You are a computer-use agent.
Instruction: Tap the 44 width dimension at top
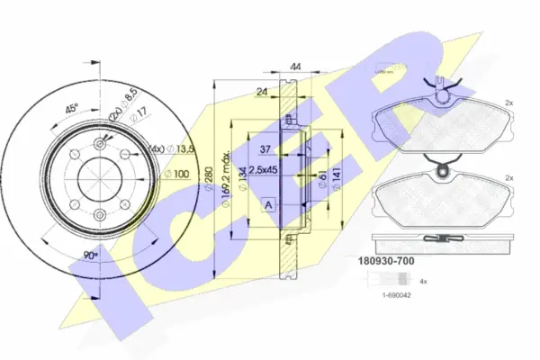[x=297, y=67]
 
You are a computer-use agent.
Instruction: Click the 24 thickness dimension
[x=260, y=91]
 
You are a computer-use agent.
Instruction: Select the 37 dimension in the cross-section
[x=266, y=149]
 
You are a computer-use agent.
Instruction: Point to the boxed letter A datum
[x=268, y=205]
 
